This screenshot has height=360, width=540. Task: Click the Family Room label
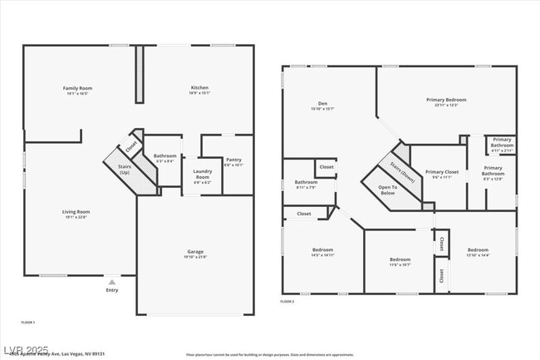point(77,88)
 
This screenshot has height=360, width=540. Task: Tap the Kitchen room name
point(199,87)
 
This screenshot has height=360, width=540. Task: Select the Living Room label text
point(76,212)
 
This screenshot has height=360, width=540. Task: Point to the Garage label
point(195,251)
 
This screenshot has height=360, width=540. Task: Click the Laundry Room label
point(203,175)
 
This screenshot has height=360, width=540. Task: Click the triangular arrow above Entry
point(111,282)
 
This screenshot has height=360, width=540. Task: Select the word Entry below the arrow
point(111,289)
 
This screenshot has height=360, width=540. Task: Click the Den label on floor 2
point(322,104)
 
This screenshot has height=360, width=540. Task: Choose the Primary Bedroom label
point(446,100)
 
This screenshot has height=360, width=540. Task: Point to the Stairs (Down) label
point(402,170)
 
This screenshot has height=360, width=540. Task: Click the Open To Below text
point(388,189)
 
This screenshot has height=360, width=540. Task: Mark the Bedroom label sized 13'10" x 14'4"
point(477,250)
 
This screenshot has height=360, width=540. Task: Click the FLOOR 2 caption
point(287,300)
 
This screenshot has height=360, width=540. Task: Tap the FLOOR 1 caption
point(27,322)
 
